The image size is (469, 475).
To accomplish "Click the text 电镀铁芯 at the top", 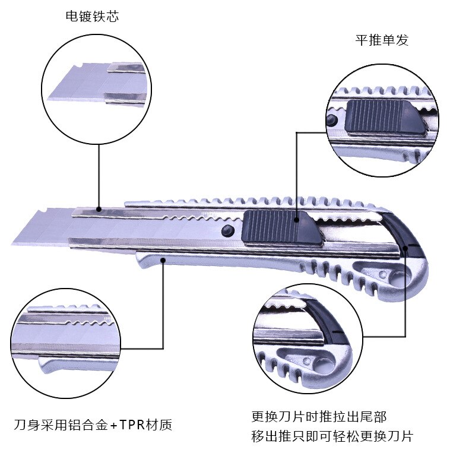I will click(x=92, y=17).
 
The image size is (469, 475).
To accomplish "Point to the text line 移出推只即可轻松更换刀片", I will click(x=332, y=437).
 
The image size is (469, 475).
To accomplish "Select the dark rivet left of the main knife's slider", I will click(x=226, y=231).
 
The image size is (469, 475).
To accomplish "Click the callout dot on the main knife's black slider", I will click(x=296, y=219).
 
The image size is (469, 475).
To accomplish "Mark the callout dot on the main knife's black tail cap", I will click(x=405, y=246).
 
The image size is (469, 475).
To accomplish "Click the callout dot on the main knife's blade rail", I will click(x=99, y=208).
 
